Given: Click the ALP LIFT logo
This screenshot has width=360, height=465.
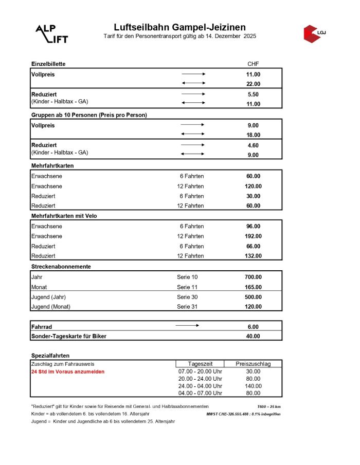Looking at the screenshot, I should pyautogui.click(x=51, y=33).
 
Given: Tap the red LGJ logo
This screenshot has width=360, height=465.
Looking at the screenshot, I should pyautogui.click(x=314, y=33).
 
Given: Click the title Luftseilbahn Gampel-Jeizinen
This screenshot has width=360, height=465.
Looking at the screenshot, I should pyautogui.click(x=179, y=27).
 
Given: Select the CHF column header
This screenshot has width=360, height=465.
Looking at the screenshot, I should pyautogui.click(x=253, y=64).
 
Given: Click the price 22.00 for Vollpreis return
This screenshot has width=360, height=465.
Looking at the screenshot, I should pyautogui.click(x=253, y=84).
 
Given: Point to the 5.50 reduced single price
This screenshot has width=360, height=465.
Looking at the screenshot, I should pyautogui.click(x=253, y=94).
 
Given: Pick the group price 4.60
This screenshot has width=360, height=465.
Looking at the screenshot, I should pyautogui.click(x=253, y=145).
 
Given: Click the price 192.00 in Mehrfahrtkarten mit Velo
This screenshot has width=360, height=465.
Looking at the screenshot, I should pyautogui.click(x=253, y=236).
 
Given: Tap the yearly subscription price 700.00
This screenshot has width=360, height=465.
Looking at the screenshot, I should pyautogui.click(x=253, y=277).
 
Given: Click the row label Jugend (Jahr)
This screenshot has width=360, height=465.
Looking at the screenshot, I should pyautogui.click(x=48, y=297).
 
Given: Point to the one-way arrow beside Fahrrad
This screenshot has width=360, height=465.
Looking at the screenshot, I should pyautogui.click(x=187, y=326).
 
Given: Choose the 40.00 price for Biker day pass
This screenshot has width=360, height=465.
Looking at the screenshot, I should pyautogui.click(x=253, y=336).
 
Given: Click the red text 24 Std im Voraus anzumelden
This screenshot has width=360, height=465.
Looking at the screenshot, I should pyautogui.click(x=67, y=371).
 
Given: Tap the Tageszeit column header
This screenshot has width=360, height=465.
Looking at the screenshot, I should pyautogui.click(x=200, y=364).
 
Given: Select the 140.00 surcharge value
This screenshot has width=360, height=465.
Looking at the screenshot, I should pyautogui.click(x=253, y=386).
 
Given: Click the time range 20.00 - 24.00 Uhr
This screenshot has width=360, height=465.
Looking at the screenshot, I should pyautogui.click(x=200, y=379).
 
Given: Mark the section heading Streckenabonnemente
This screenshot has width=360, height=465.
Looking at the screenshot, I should pyautogui.click(x=61, y=267).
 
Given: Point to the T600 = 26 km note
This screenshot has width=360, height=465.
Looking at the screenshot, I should pyautogui.click(x=269, y=406).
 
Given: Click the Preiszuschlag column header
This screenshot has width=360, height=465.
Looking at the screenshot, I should pyautogui.click(x=253, y=364).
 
